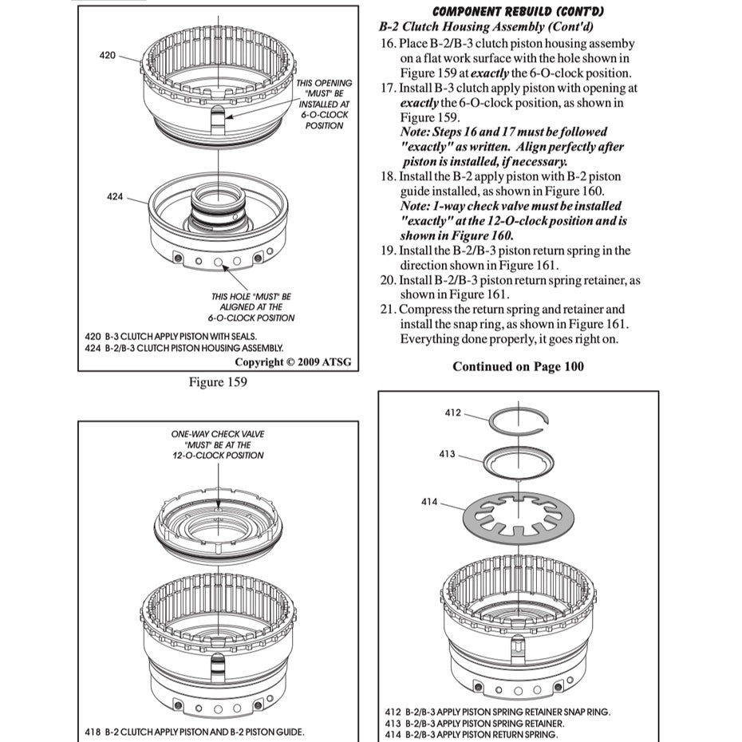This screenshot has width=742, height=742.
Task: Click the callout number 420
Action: [107, 56]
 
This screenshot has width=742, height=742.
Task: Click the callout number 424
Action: [115, 196]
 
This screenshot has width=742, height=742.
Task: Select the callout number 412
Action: [452, 412]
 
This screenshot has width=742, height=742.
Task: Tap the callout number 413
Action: [447, 454]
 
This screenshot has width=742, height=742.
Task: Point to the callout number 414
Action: [429, 502]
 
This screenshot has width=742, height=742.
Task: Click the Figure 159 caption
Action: [218, 382]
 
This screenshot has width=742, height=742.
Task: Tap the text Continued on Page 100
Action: [518, 366]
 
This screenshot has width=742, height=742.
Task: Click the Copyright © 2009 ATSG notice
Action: [293, 361]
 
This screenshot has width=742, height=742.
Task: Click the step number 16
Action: [389, 43]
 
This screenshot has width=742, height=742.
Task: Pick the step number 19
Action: [389, 251]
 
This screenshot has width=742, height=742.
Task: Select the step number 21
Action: [389, 310]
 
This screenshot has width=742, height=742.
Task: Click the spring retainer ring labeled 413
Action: [519, 461]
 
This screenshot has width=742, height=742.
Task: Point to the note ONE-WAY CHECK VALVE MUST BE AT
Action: [218, 444]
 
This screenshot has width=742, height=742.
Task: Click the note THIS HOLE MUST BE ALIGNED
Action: [252, 306]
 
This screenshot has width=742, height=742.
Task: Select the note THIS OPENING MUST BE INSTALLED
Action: [324, 104]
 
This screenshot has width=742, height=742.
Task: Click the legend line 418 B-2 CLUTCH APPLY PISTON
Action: [194, 732]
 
